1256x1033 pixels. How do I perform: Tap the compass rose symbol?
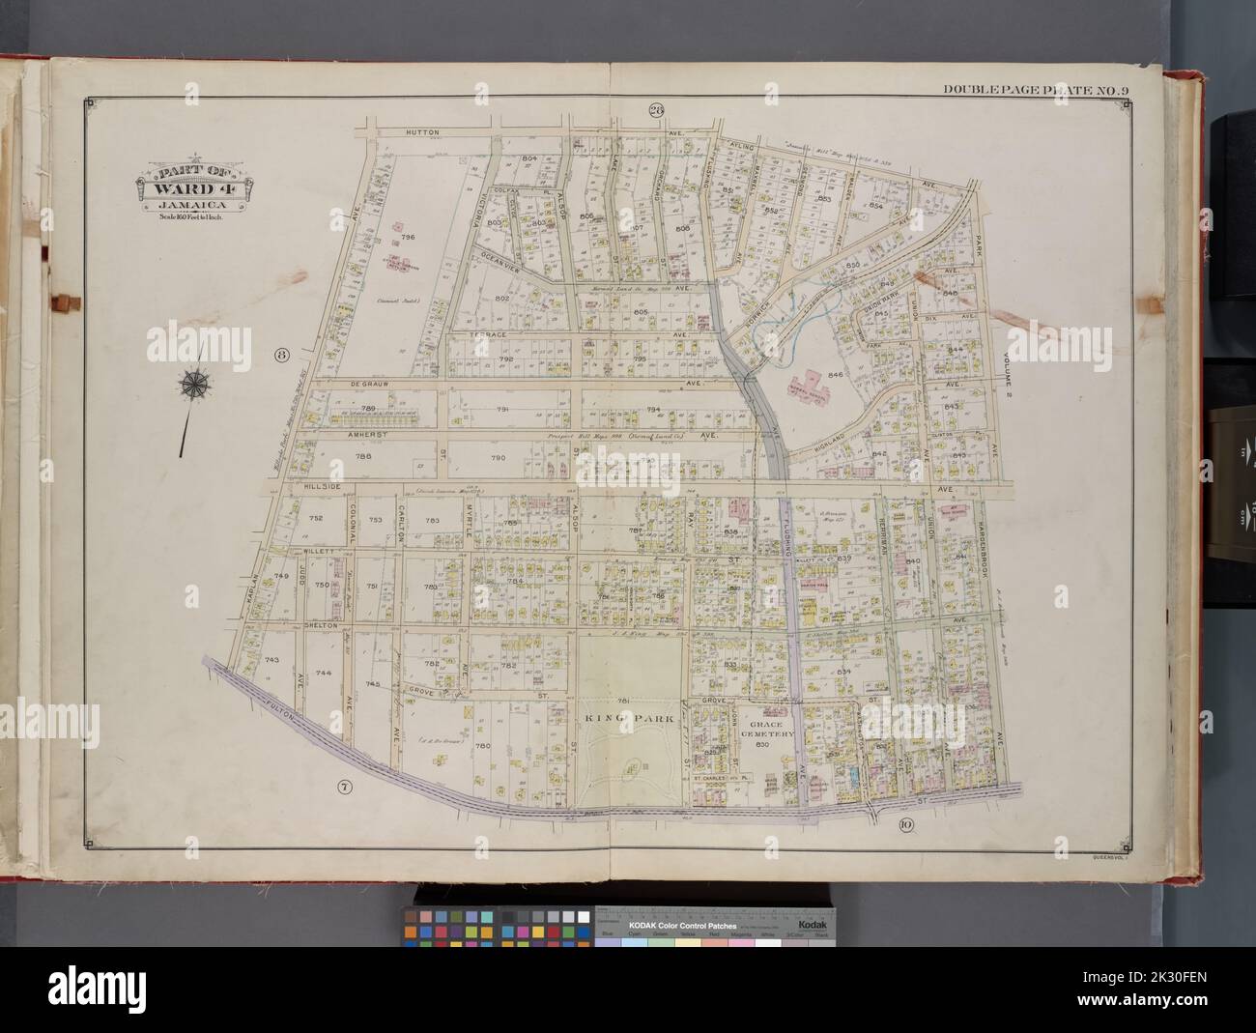(x=194, y=384)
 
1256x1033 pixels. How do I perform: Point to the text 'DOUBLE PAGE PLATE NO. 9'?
(x=1036, y=91)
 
